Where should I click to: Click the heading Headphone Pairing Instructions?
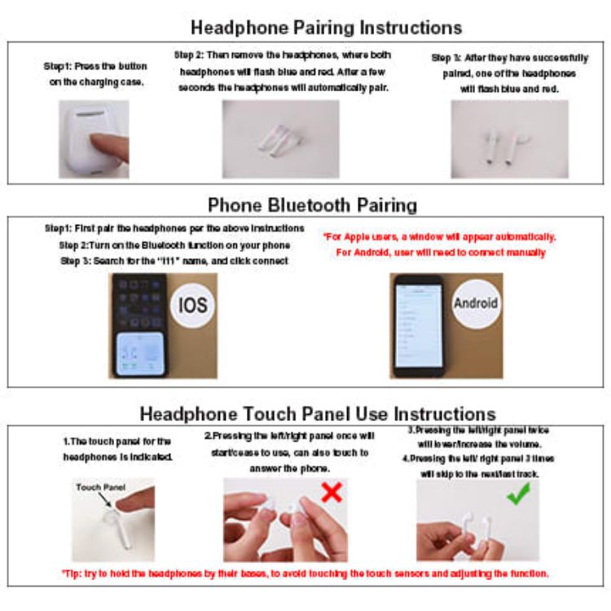pos(326,27)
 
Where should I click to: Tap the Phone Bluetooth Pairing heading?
pos(312,204)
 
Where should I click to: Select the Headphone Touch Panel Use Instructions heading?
pos(317,413)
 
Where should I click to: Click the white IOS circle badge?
pos(192,305)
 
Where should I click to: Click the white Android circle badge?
pos(475,302)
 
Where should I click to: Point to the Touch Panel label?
pos(99,487)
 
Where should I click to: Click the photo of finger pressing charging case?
pos(93,138)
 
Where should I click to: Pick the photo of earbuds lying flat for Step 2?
pos(280,138)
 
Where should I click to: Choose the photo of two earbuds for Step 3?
pos(499,138)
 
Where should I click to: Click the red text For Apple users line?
pos(440,237)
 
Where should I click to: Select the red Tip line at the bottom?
pos(305,574)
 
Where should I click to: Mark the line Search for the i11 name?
pos(174,260)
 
